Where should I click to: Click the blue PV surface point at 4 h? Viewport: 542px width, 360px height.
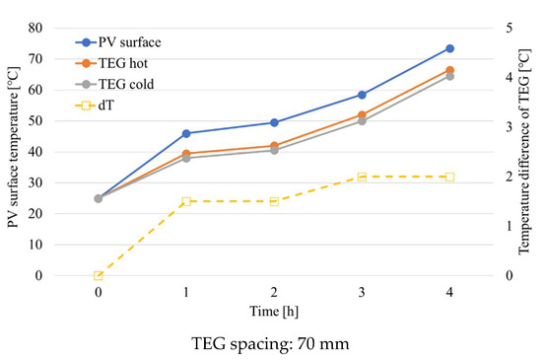pyautogui.click(x=449, y=48)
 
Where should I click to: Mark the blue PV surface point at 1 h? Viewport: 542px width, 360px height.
pyautogui.click(x=186, y=133)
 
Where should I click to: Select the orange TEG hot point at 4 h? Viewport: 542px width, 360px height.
pyautogui.click(x=449, y=70)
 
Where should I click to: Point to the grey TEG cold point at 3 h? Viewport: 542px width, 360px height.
pyautogui.click(x=362, y=120)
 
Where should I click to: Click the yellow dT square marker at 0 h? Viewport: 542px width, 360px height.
pyautogui.click(x=99, y=276)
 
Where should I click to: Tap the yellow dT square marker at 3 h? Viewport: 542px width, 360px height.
pyautogui.click(x=362, y=177)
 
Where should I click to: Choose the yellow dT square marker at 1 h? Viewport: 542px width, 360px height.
pyautogui.click(x=186, y=201)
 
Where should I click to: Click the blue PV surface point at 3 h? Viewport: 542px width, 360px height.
pyautogui.click(x=362, y=95)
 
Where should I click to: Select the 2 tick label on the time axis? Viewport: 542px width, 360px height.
pyautogui.click(x=274, y=293)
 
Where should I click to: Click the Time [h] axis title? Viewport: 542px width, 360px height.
pyautogui.click(x=274, y=311)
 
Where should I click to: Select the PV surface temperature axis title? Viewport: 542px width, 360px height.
pyautogui.click(x=14, y=151)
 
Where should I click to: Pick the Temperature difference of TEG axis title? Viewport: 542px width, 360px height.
pyautogui.click(x=525, y=151)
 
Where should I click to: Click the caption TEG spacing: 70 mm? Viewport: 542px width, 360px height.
pyautogui.click(x=271, y=344)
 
